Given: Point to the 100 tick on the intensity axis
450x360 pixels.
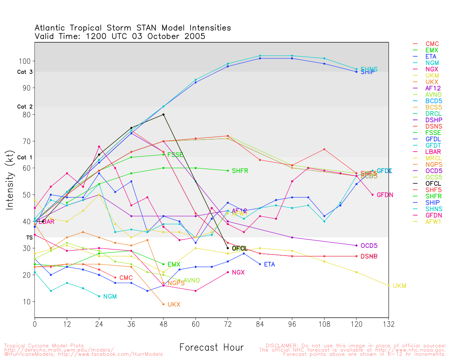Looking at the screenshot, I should tap(25, 61).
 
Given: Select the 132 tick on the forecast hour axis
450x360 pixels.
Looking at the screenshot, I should tap(388, 324).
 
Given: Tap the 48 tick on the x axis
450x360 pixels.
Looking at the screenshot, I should tap(163, 324).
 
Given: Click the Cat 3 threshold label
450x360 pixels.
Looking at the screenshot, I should tap(25, 72).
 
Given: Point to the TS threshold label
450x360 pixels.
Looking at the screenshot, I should tap(29, 238).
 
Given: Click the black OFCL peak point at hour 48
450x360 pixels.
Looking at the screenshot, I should tap(163, 115).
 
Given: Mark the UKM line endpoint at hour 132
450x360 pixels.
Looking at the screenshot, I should tap(388, 285).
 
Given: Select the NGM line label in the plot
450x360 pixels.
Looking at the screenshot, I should tap(110, 297).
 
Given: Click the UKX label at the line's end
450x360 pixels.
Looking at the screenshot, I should tap(174, 305).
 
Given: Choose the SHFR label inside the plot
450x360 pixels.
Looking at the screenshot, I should tap(240, 171).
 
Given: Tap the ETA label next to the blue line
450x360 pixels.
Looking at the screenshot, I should tap(269, 264).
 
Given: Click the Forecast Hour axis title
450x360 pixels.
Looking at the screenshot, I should tap(211, 348).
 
